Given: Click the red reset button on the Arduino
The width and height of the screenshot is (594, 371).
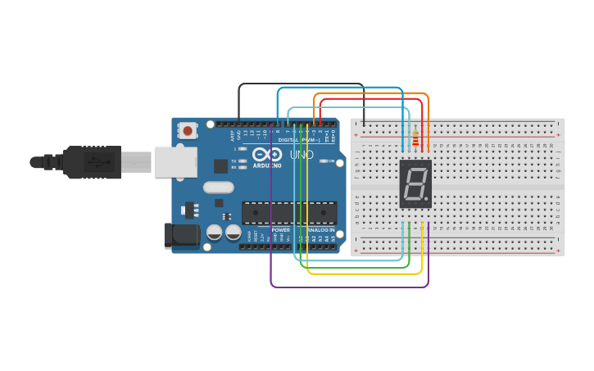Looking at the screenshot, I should [x=188, y=130].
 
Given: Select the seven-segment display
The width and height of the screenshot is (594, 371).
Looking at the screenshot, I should [x=415, y=183].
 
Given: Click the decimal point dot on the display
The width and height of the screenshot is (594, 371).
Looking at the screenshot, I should [x=426, y=199].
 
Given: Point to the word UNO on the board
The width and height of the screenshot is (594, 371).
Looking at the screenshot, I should [x=302, y=155].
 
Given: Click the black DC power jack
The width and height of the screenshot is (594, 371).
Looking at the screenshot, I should [x=181, y=235].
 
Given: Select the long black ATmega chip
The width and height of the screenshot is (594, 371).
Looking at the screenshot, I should [x=289, y=213].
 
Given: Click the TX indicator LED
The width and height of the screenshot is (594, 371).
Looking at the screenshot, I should [x=243, y=161].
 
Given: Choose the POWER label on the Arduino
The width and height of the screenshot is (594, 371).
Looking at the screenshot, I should [x=280, y=230].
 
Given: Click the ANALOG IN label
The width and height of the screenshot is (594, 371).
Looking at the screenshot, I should [x=320, y=230].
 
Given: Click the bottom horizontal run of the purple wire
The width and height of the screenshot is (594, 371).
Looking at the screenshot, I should [x=349, y=287].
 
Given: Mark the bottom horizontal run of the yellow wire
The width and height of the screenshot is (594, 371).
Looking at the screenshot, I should [x=365, y=273].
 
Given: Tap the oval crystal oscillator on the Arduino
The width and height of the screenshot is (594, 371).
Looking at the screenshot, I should [x=219, y=187].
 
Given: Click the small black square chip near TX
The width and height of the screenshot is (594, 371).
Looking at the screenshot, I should [x=220, y=166].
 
